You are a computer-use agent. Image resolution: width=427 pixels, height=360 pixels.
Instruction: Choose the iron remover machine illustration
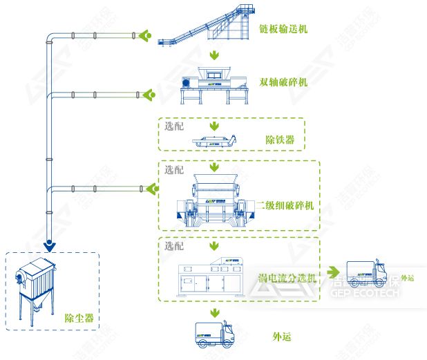click(215, 140)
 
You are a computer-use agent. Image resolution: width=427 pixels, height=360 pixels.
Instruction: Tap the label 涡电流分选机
click(287, 278)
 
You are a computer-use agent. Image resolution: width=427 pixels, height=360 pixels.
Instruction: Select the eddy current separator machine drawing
click(214, 274)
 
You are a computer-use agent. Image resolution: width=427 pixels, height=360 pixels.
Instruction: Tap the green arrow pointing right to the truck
click(334, 272)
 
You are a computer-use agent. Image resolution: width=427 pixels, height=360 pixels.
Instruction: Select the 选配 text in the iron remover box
click(174, 126)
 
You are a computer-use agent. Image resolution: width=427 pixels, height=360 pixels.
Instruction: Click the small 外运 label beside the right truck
click(406, 278)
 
